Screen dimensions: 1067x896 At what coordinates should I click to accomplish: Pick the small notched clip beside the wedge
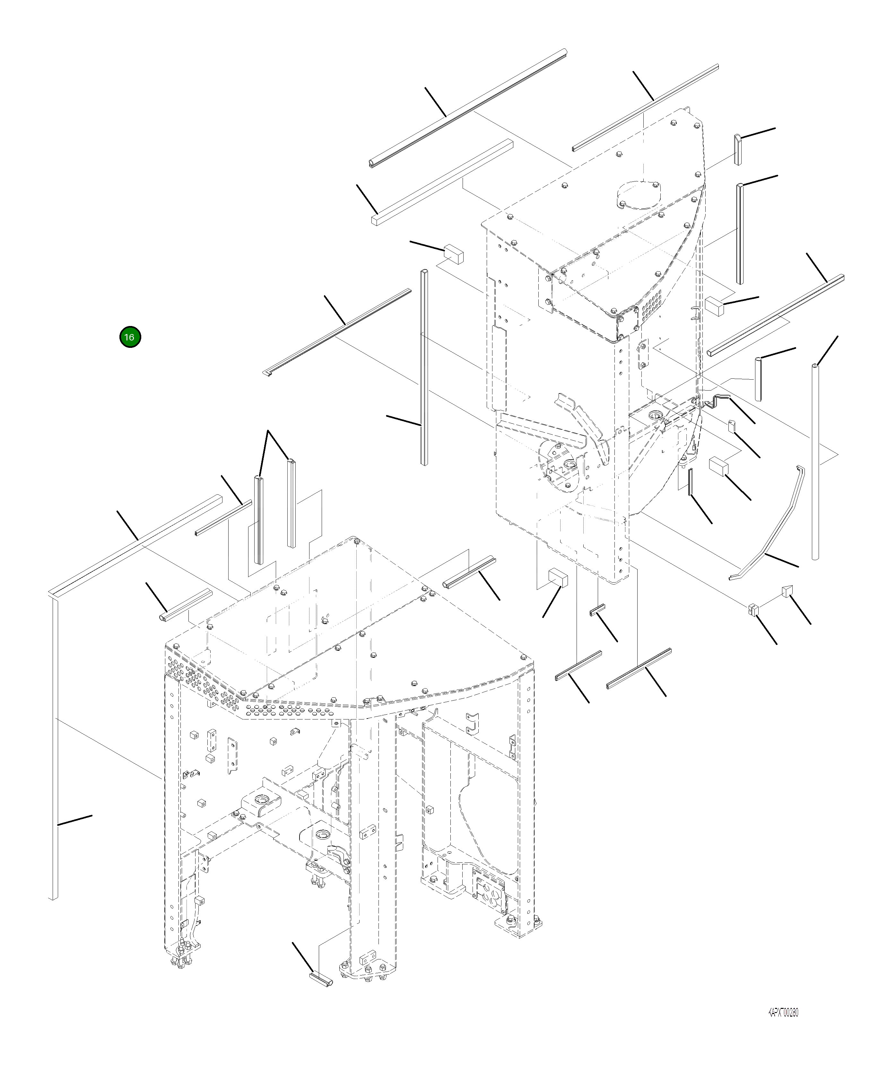tap(753, 609)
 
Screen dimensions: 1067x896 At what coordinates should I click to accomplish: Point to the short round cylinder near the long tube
tap(758, 379)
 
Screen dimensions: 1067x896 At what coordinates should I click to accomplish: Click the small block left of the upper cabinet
tap(454, 253)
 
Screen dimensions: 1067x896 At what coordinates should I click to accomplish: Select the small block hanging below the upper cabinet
tap(557, 578)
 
